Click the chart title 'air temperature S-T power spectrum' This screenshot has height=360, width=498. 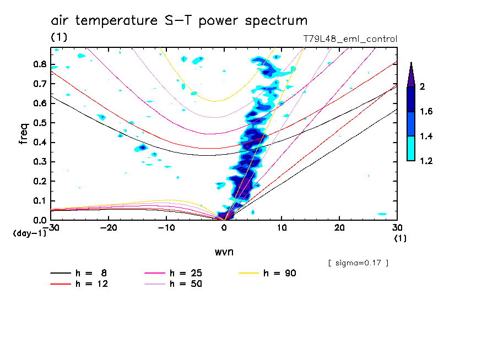(x=179, y=21)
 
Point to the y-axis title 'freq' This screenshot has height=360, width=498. (x=23, y=134)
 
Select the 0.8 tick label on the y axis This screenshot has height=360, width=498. (x=39, y=64)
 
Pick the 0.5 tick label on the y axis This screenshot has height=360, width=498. (x=39, y=123)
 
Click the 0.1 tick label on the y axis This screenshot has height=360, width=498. (x=39, y=201)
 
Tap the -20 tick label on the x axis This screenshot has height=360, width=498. (x=109, y=227)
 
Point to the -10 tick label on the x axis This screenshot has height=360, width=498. (x=166, y=227)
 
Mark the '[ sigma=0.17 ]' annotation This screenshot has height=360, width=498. (x=358, y=263)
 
